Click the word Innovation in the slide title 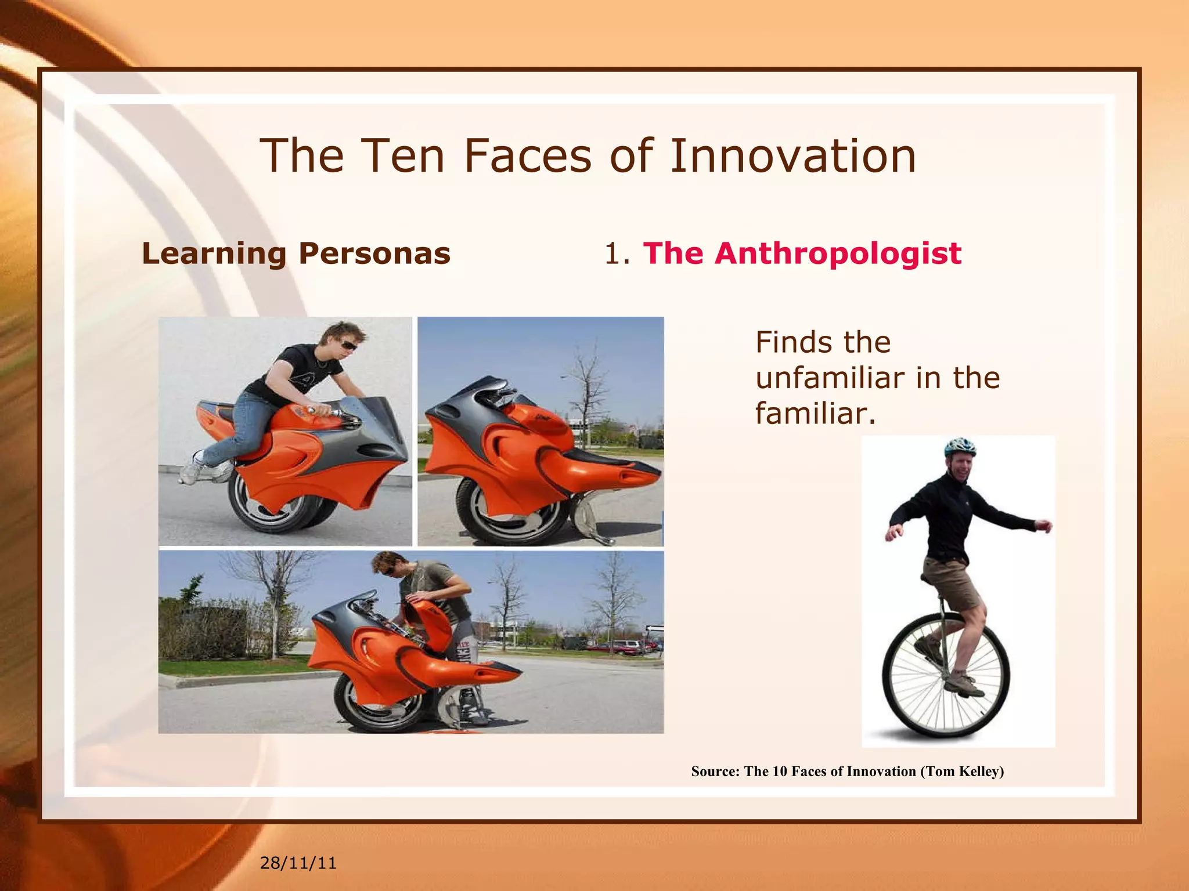[x=792, y=156]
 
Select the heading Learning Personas [x=296, y=253]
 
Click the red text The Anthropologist [x=802, y=253]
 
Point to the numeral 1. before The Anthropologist [x=617, y=254]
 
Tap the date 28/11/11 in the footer [x=298, y=863]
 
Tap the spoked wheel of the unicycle [x=945, y=679]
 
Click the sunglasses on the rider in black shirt [x=348, y=346]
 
